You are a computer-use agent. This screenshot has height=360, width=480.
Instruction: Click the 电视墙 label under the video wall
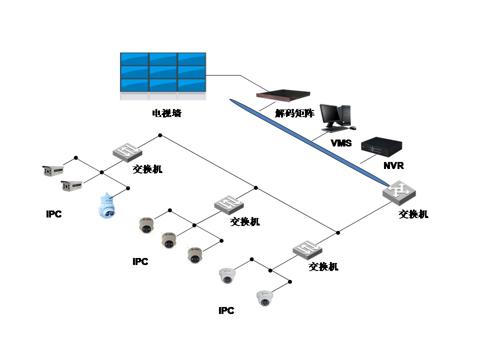pyautogui.click(x=166, y=113)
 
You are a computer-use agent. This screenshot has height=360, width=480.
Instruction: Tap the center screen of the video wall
pyautogui.click(x=163, y=72)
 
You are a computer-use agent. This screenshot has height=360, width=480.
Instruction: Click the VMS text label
pyautogui.click(x=341, y=143)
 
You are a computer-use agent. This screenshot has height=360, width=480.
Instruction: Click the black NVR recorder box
pyautogui.click(x=381, y=146)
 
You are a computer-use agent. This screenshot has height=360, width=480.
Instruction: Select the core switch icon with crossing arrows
pyautogui.click(x=398, y=192)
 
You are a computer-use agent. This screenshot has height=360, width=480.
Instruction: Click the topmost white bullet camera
pyautogui.click(x=52, y=170)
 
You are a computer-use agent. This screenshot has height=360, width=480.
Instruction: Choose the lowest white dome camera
pyautogui.click(x=265, y=298)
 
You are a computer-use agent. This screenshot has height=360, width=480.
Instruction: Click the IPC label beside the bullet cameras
pyautogui.click(x=53, y=214)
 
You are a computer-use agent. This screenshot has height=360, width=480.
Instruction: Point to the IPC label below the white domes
pyautogui.click(x=226, y=311)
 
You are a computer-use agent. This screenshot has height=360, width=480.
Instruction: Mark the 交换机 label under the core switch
pyautogui.click(x=413, y=214)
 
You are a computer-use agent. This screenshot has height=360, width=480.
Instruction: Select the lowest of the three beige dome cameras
pyautogui.click(x=194, y=255)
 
